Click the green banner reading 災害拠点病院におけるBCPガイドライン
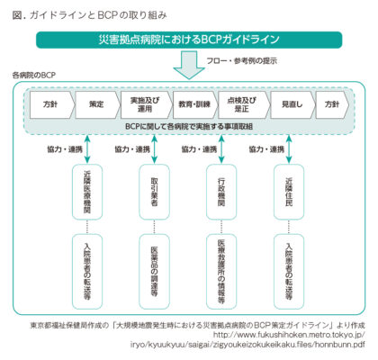coord(189,40)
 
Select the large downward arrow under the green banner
coord(189,65)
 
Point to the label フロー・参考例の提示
coord(242,61)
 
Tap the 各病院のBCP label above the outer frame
coord(34,76)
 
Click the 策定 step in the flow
coord(97,104)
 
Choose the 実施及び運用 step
coord(147,104)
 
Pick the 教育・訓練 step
coord(195,104)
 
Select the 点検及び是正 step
coord(244,104)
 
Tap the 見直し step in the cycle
coord(292,104)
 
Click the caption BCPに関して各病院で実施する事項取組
coord(189,127)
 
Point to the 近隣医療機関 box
coord(87,192)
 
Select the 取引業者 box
coord(155,192)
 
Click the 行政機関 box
coord(221,192)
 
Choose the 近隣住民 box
coord(289,192)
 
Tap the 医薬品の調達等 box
coord(155,272)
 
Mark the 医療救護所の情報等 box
coord(221,272)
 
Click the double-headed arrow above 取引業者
coord(155,149)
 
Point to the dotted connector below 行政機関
coord(221,227)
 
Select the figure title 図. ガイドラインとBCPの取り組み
coord(89,15)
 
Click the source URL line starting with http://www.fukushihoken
coord(289,335)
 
